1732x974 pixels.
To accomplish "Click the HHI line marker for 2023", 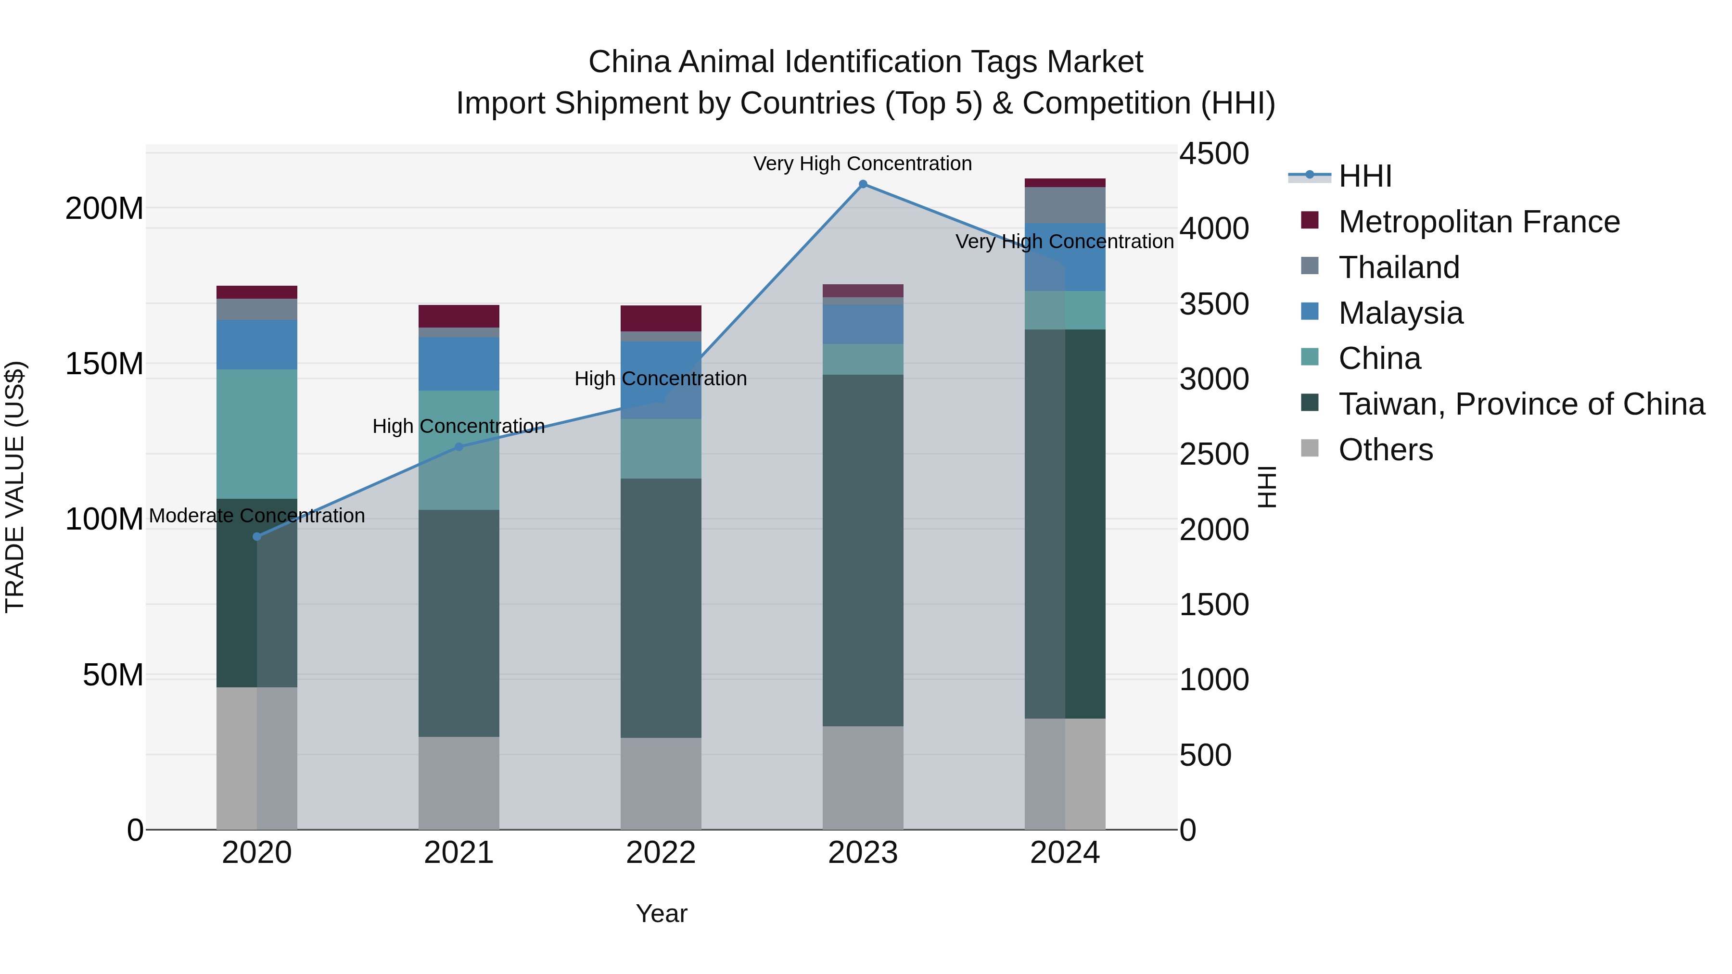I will point(863,184).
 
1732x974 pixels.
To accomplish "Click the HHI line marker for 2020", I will point(257,536).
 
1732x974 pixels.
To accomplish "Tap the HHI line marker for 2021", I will point(459,446).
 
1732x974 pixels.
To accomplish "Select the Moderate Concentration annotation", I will point(257,516).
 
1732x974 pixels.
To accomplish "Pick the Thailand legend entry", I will point(1399,267).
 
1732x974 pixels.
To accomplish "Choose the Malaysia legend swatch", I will point(1310,312).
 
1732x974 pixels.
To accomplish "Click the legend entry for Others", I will point(1385,450).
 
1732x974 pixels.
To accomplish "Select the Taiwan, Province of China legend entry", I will point(1521,404).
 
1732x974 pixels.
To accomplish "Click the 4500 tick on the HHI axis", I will point(1214,153).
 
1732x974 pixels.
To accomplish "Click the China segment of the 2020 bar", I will point(257,433).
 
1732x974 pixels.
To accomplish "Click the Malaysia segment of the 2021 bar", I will point(459,364).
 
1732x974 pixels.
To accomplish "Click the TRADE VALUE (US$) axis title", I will point(15,487).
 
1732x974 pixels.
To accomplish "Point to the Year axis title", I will point(661,913).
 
